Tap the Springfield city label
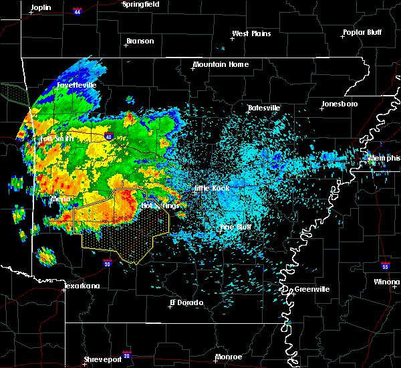(140, 4)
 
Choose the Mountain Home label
(221, 65)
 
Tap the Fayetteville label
(77, 86)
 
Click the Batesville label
(264, 108)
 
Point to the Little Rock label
(212, 189)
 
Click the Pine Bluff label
(236, 227)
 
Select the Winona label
(388, 282)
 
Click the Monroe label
(228, 357)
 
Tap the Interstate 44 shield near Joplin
(78, 11)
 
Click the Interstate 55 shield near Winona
(386, 266)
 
